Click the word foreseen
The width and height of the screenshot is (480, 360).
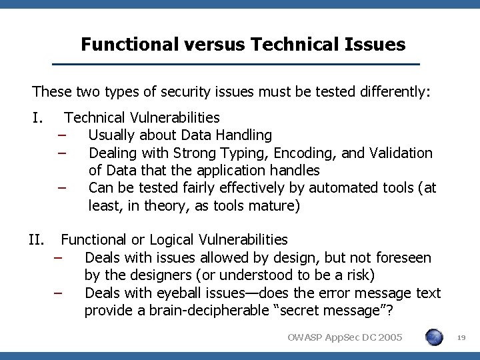click(403, 257)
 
